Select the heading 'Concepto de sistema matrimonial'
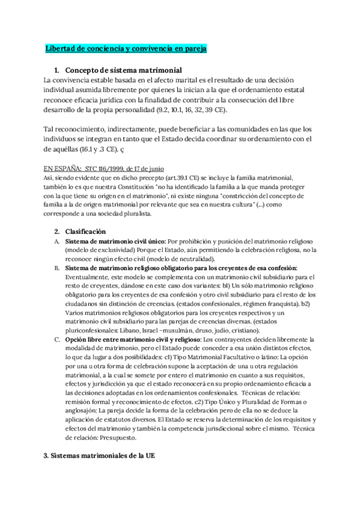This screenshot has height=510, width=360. click(123, 70)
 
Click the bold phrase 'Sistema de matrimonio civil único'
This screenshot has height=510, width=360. click(114, 241)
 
